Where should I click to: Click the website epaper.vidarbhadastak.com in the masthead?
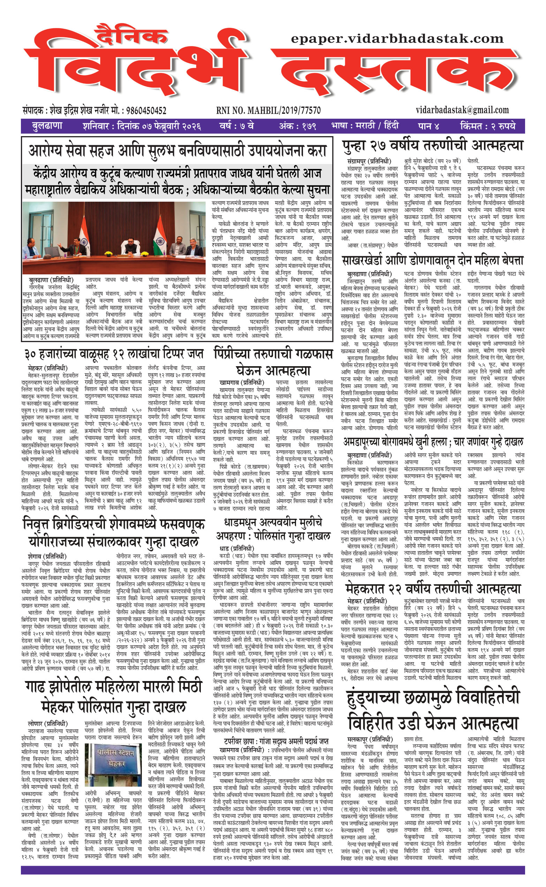pyautogui.click(x=397, y=39)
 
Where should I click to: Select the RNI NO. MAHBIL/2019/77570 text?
pyautogui.click(x=268, y=111)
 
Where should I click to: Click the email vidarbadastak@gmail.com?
pyautogui.click(x=462, y=110)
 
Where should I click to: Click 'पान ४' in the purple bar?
pyautogui.click(x=428, y=126)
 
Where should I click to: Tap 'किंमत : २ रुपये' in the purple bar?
pyautogui.click(x=487, y=126)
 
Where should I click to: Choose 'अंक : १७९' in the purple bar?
pyautogui.click(x=297, y=126)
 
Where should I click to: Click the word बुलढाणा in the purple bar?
pyautogui.click(x=47, y=126)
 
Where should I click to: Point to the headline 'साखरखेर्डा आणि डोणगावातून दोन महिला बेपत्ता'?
pyautogui.click(x=433, y=261)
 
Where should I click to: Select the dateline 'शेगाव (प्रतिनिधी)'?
pyautogui.click(x=47, y=556)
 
